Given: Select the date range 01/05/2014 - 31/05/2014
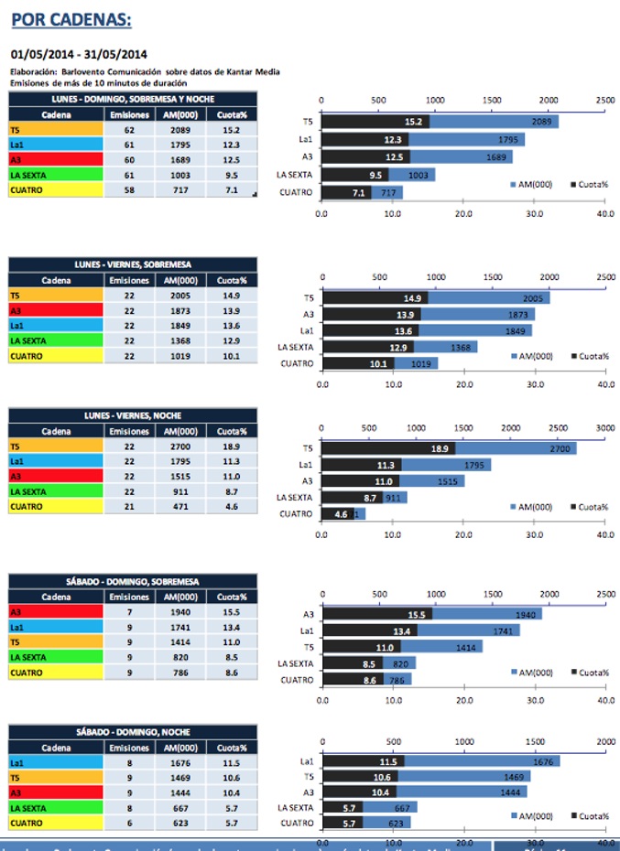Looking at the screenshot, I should (79, 54).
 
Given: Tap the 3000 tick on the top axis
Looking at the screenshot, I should (605, 426).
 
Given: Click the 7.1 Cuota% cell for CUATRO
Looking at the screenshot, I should (231, 190).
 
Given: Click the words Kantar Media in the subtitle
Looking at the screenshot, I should (254, 71).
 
